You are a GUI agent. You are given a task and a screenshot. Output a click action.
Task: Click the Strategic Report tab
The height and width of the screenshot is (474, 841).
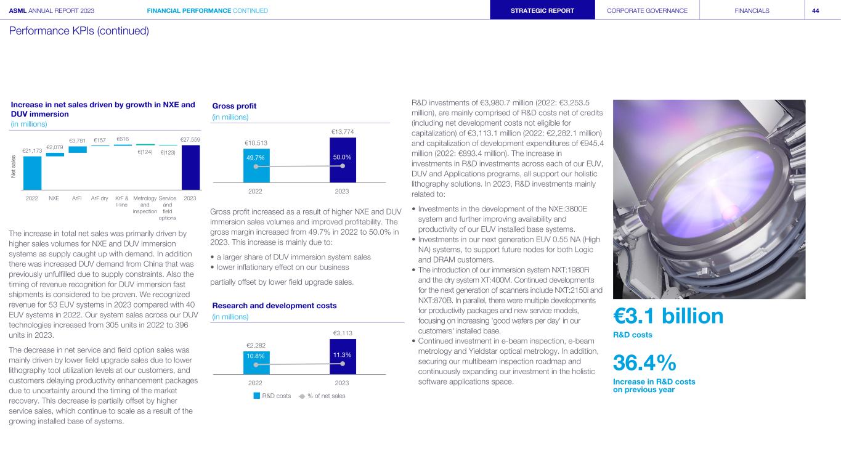click(x=542, y=10)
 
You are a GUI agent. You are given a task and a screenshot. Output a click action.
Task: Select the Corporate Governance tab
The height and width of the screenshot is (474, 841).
click(x=647, y=10)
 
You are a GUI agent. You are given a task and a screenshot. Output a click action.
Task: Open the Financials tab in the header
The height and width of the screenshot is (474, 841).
click(x=752, y=10)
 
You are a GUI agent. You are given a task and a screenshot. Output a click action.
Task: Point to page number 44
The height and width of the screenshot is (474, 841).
click(x=815, y=10)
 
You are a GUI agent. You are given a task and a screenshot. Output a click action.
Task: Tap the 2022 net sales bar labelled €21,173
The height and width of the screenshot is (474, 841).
click(x=32, y=173)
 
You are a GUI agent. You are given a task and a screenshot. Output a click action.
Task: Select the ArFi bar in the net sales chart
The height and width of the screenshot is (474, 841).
click(x=78, y=149)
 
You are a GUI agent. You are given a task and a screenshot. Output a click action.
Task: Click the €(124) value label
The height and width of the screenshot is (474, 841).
click(x=145, y=152)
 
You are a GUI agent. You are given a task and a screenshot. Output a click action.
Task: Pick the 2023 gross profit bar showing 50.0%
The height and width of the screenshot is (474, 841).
click(x=343, y=160)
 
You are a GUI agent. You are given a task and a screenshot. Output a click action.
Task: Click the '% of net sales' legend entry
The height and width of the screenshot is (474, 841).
click(x=322, y=396)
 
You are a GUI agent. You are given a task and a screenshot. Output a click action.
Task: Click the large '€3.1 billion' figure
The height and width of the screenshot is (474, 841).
click(x=668, y=316)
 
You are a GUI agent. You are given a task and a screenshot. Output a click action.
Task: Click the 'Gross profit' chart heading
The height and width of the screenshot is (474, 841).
click(x=234, y=106)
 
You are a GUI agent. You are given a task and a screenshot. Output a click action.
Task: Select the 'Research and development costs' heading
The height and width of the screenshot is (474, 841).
click(x=274, y=306)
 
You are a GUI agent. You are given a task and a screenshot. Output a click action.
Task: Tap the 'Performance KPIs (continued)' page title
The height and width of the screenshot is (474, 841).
click(x=79, y=31)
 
